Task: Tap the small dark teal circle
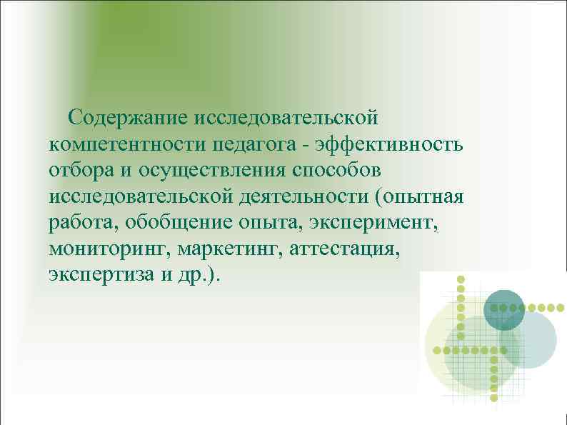[x=504, y=310]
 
